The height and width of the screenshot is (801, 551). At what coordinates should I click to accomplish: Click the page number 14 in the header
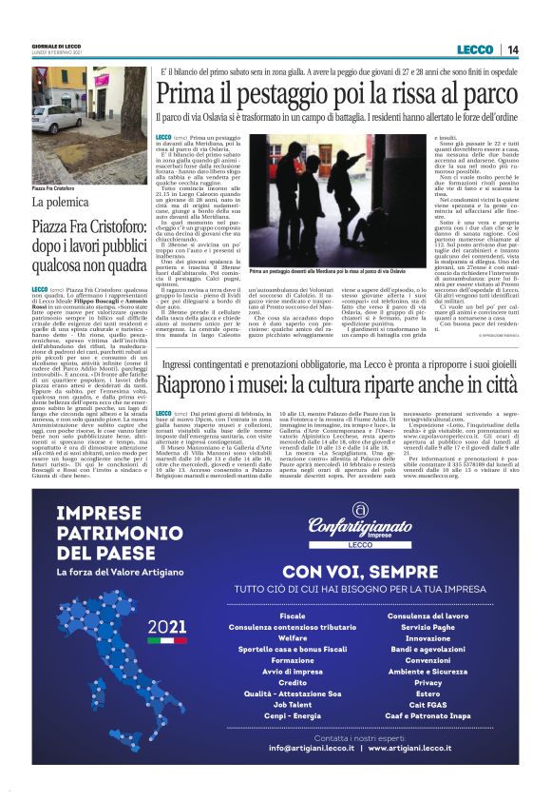513,49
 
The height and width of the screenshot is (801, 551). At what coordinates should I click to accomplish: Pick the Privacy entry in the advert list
427,682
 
